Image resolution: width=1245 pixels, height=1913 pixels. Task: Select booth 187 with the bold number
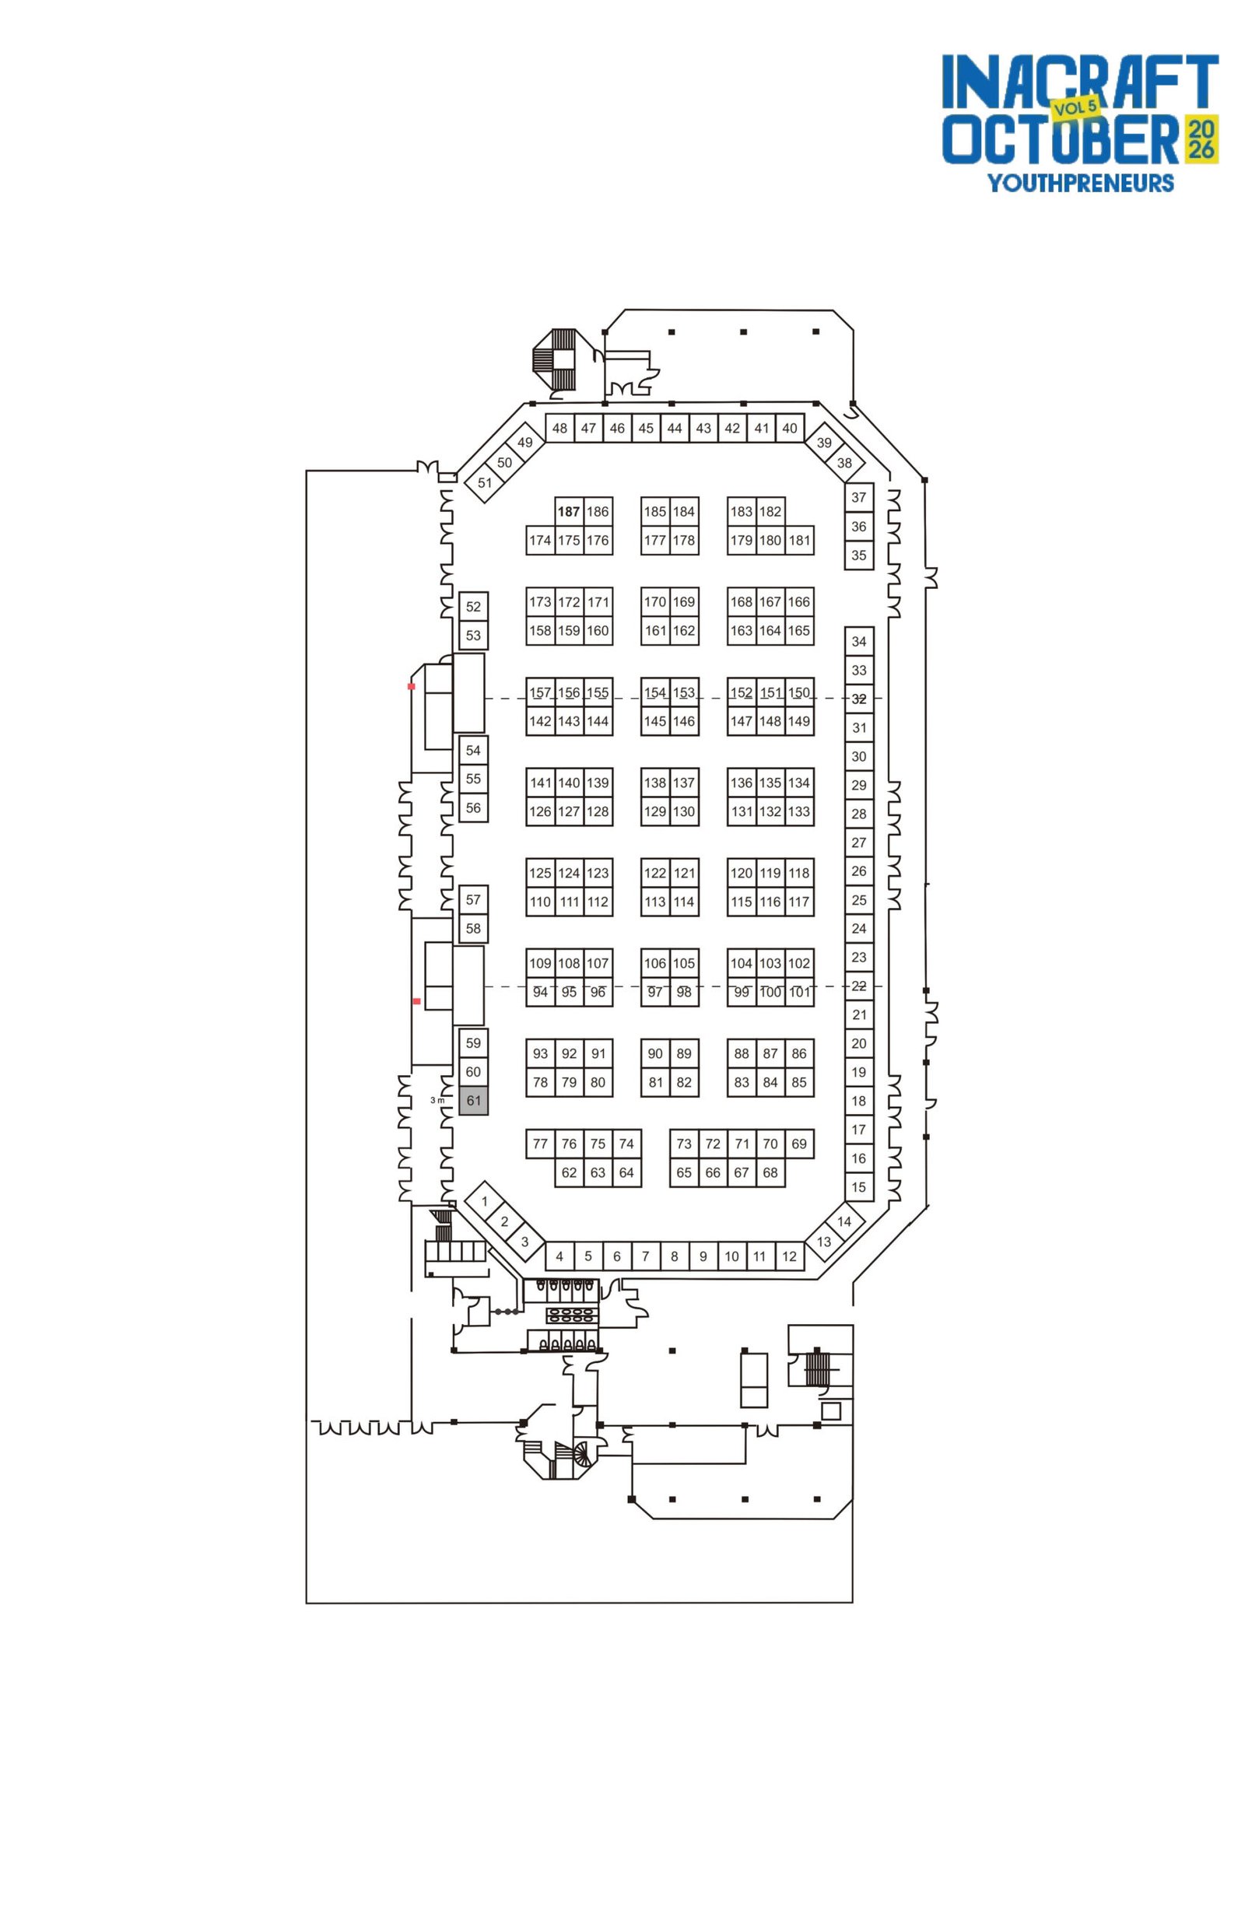568,511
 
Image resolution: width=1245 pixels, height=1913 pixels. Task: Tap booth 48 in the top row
559,428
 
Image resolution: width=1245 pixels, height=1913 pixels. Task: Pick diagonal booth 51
484,482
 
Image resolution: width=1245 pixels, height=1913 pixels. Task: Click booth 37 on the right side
858,497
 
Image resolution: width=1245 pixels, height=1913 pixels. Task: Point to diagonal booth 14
843,1221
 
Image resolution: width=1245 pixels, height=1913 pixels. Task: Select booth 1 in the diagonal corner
484,1201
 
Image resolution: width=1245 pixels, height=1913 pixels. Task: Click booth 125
540,872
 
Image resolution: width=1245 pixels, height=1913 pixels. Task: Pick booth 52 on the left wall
472,606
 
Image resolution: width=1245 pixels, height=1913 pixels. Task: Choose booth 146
683,721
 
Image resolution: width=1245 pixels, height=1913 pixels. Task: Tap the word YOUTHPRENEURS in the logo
1080,183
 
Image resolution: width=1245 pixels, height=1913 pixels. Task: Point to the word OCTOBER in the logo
1060,139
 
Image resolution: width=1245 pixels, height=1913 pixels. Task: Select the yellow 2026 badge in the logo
1201,138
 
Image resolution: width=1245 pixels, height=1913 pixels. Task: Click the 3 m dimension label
437,1099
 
